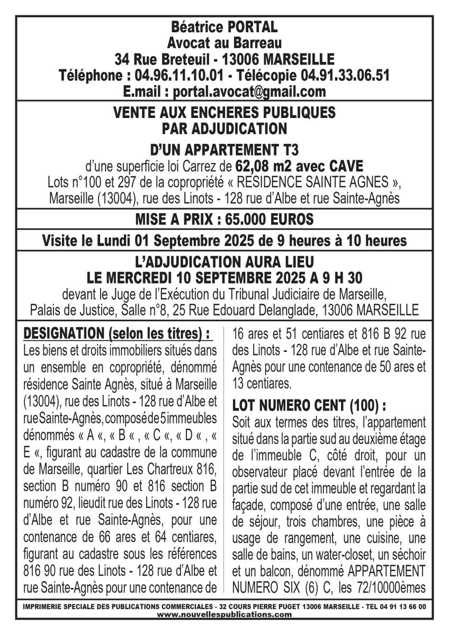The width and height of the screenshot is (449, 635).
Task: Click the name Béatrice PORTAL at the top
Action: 224,26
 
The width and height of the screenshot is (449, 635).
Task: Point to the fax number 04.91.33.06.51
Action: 345,75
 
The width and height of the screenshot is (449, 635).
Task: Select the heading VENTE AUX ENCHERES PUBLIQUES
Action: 224,112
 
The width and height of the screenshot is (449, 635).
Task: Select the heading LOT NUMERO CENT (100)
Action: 309,406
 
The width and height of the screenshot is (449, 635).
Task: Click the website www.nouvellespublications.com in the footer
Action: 224,614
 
